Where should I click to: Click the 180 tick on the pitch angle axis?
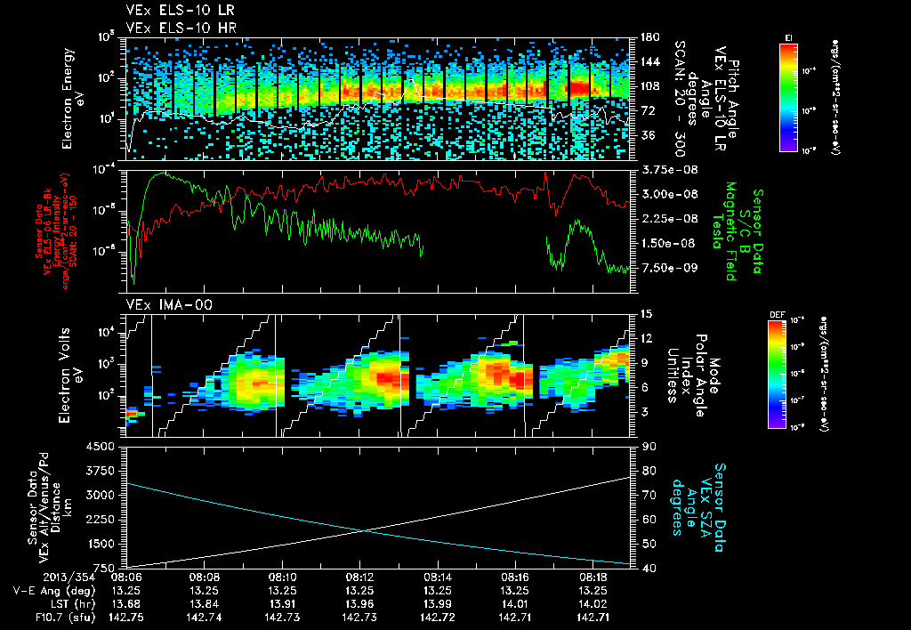click(x=648, y=36)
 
